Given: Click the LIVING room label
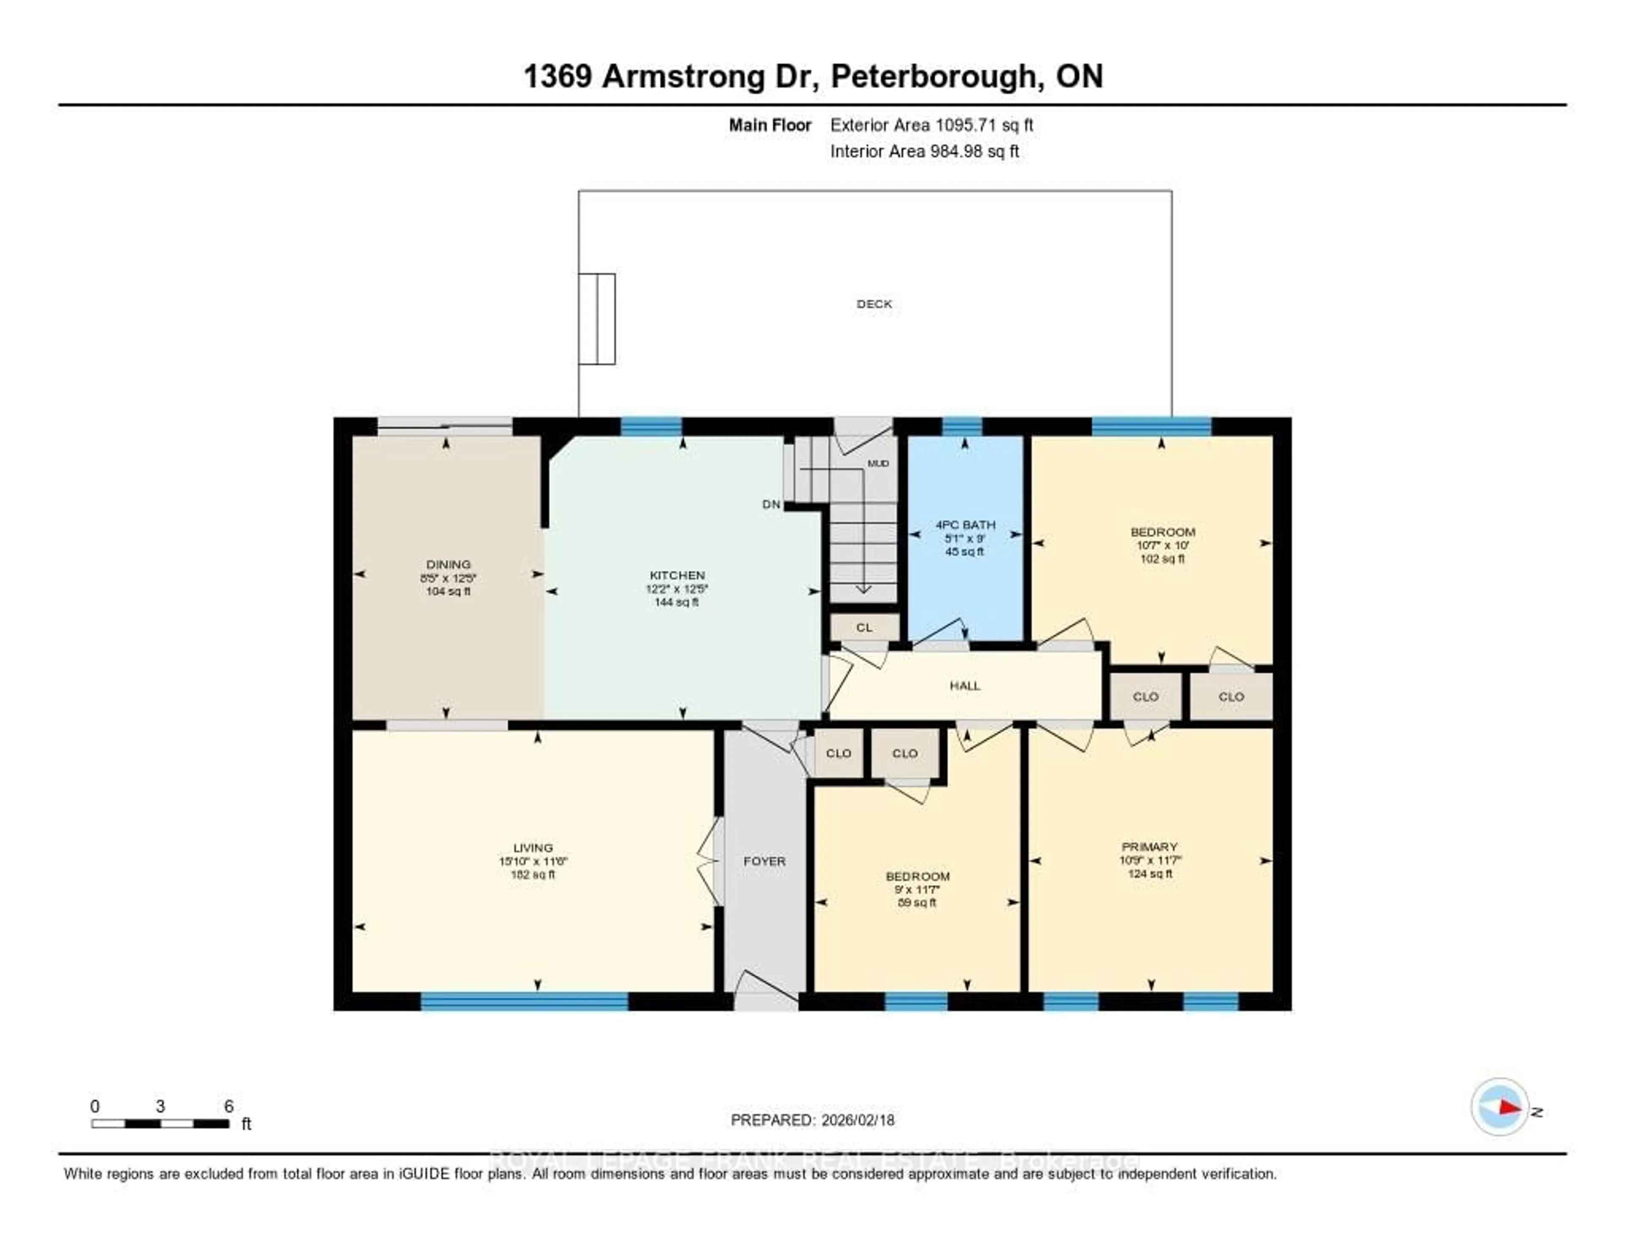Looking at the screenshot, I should pos(533,848).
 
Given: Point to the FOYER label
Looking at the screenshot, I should pos(764,861).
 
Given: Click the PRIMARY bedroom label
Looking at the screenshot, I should pos(1149,847).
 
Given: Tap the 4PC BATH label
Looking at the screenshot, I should pos(965,524).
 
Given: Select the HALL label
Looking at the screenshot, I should pos(964,685).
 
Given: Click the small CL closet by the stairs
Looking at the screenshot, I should pos(864,627).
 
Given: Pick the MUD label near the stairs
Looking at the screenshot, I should pos(878,463).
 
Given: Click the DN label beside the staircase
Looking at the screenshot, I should pos(771,504).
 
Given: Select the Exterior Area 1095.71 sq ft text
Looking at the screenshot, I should pos(931,125).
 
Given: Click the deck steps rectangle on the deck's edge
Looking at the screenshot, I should pos(597,319).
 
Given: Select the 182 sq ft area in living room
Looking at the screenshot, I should pos(533,874).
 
